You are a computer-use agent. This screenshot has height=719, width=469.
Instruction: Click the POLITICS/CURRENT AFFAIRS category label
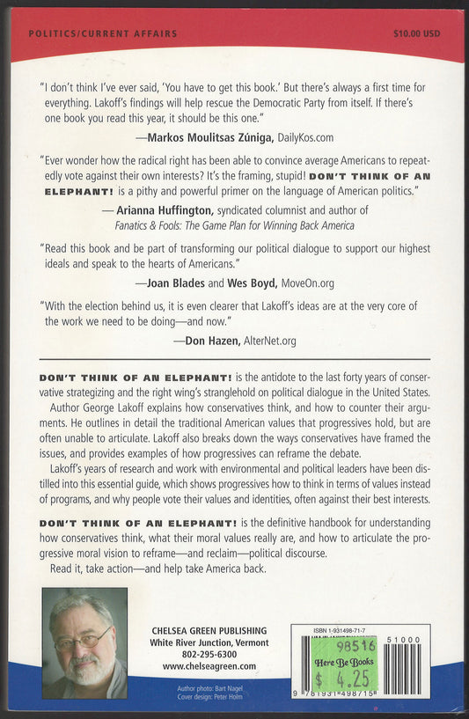(x=103, y=33)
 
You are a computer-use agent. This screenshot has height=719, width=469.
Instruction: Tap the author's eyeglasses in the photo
(x=83, y=636)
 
